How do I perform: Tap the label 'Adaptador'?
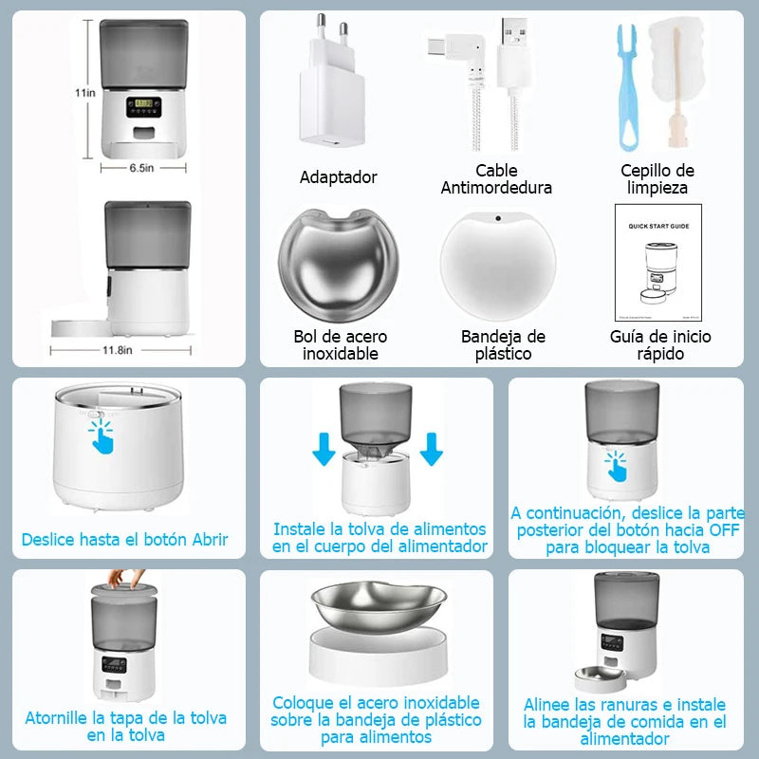338,177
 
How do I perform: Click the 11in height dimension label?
86,94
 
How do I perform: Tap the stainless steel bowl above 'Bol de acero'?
338,264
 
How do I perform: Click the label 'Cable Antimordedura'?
496,179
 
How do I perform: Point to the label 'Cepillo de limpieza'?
657,179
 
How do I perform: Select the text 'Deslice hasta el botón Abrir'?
125,540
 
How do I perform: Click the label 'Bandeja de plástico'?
503,345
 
